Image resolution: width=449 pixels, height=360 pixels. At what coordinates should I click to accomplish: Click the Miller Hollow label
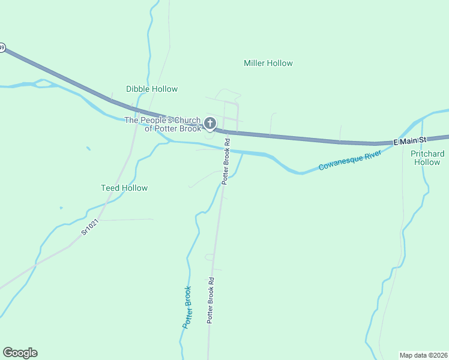click(268, 63)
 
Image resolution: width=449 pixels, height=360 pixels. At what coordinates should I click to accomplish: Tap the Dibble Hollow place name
click(152, 89)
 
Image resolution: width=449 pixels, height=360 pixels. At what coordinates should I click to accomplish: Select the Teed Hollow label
click(124, 188)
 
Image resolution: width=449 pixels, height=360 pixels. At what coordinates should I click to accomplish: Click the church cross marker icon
click(209, 124)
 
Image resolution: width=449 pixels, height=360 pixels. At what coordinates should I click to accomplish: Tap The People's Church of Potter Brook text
click(163, 124)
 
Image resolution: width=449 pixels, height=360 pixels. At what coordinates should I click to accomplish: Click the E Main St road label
click(409, 140)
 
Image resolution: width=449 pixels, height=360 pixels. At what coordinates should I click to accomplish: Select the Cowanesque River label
click(350, 160)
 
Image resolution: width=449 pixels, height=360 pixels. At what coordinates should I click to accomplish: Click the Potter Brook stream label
click(187, 307)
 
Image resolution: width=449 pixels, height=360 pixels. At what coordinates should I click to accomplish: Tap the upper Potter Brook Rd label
click(226, 163)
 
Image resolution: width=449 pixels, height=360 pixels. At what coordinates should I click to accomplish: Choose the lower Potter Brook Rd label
click(211, 300)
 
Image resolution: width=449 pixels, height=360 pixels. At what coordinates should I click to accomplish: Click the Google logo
click(20, 353)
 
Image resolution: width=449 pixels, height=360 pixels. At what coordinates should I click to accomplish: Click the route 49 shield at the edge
click(2, 47)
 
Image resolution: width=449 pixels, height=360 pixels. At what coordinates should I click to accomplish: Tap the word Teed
click(110, 188)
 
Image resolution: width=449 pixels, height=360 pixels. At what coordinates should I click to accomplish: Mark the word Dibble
click(137, 89)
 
